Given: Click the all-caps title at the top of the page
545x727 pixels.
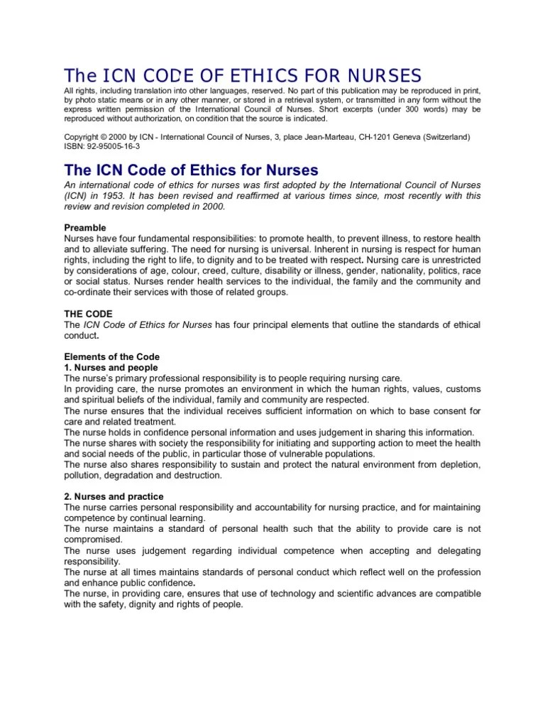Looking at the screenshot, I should [243, 75].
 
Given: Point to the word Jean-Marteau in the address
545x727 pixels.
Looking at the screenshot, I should [328, 136].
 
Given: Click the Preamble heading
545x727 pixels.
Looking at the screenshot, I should [87, 227].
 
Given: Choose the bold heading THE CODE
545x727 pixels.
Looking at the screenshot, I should [89, 313].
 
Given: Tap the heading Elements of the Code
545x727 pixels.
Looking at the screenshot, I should [112, 356].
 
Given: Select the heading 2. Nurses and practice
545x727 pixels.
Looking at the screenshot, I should [114, 496].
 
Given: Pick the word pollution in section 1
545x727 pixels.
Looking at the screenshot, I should [84, 475].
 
